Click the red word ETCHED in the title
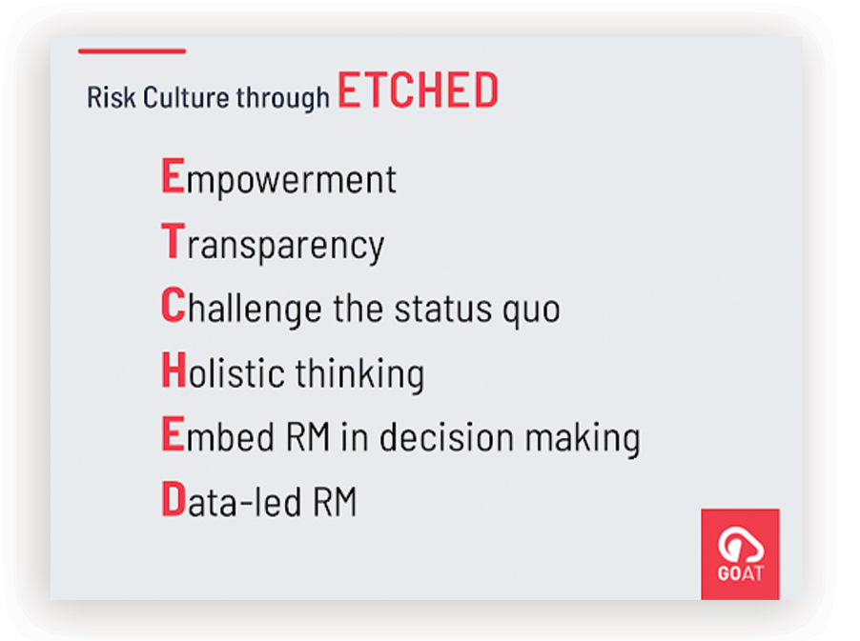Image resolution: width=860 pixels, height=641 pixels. click(418, 90)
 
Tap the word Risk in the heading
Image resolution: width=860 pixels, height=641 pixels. click(112, 97)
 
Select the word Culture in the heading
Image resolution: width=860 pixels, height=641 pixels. click(186, 97)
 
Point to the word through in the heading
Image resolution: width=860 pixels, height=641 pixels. click(283, 99)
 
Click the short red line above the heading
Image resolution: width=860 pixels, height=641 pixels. click(133, 50)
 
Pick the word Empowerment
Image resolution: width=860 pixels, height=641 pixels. click(278, 177)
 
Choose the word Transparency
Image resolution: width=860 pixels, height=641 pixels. click(273, 243)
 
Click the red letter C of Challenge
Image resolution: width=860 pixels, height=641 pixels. click(174, 305)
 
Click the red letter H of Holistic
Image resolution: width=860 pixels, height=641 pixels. click(174, 370)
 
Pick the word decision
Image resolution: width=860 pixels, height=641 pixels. click(447, 436)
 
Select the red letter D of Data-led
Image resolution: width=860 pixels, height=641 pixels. click(174, 498)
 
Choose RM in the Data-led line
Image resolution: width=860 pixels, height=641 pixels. click(335, 501)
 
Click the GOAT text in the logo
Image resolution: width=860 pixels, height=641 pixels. click(741, 573)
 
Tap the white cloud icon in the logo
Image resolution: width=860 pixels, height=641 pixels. click(741, 544)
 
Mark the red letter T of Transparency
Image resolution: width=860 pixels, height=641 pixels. click(174, 241)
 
